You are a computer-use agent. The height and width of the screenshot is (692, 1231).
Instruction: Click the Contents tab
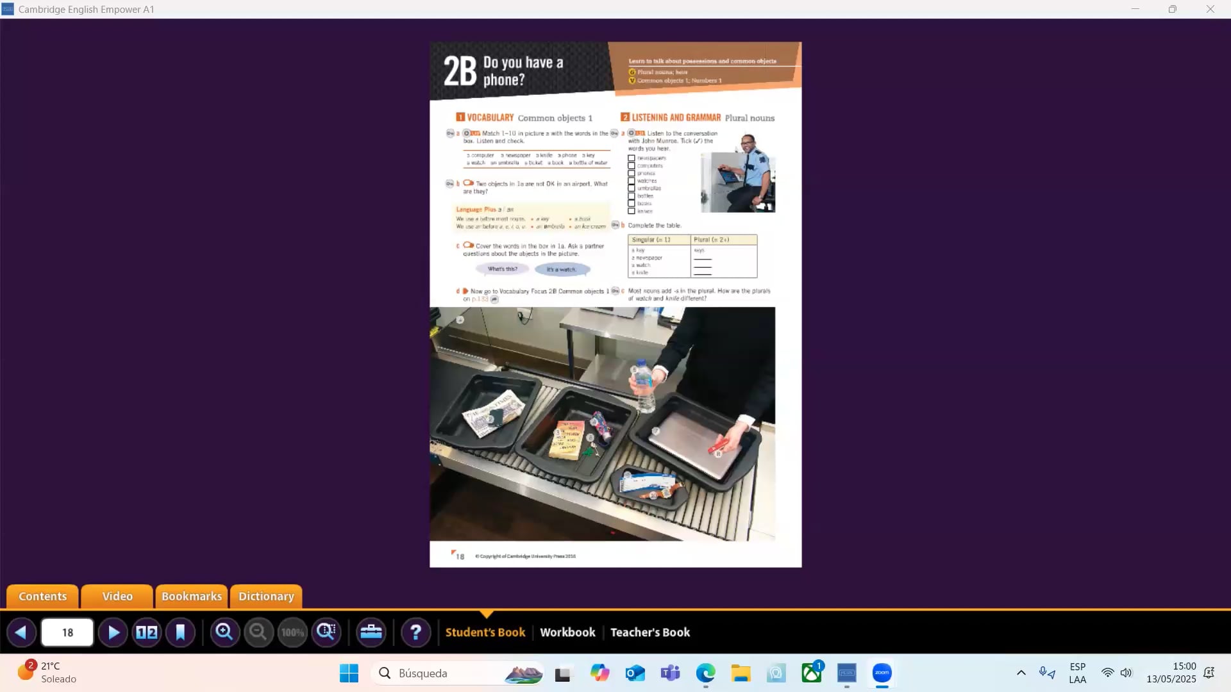(42, 596)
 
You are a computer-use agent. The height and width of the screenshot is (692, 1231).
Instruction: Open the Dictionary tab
(266, 596)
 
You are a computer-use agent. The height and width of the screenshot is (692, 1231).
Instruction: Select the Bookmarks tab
(191, 596)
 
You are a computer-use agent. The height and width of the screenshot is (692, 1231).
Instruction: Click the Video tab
(117, 596)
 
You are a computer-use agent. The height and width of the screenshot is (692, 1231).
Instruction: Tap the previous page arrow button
(21, 632)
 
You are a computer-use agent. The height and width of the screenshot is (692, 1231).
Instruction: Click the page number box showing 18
(67, 632)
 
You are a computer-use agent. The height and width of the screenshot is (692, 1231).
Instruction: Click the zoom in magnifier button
(224, 632)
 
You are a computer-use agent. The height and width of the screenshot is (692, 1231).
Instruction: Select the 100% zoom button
(292, 632)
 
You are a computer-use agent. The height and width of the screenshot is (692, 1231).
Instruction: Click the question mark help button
(415, 632)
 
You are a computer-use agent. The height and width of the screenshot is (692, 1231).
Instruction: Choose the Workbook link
(567, 632)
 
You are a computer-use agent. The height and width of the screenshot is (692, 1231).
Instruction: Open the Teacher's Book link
(649, 632)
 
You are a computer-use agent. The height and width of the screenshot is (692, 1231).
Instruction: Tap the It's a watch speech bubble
(562, 270)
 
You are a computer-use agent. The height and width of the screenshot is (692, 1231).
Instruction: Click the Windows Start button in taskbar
(349, 673)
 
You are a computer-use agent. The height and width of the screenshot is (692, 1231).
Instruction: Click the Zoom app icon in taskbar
(882, 673)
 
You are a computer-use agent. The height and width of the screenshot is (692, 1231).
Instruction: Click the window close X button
(1210, 9)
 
